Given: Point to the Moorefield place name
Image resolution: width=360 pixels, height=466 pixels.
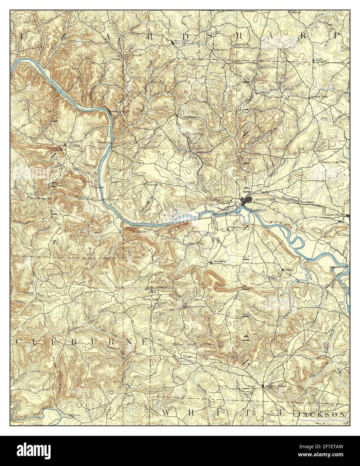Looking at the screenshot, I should (306, 202).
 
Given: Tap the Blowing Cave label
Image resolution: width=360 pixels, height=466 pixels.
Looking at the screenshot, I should (249, 158).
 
